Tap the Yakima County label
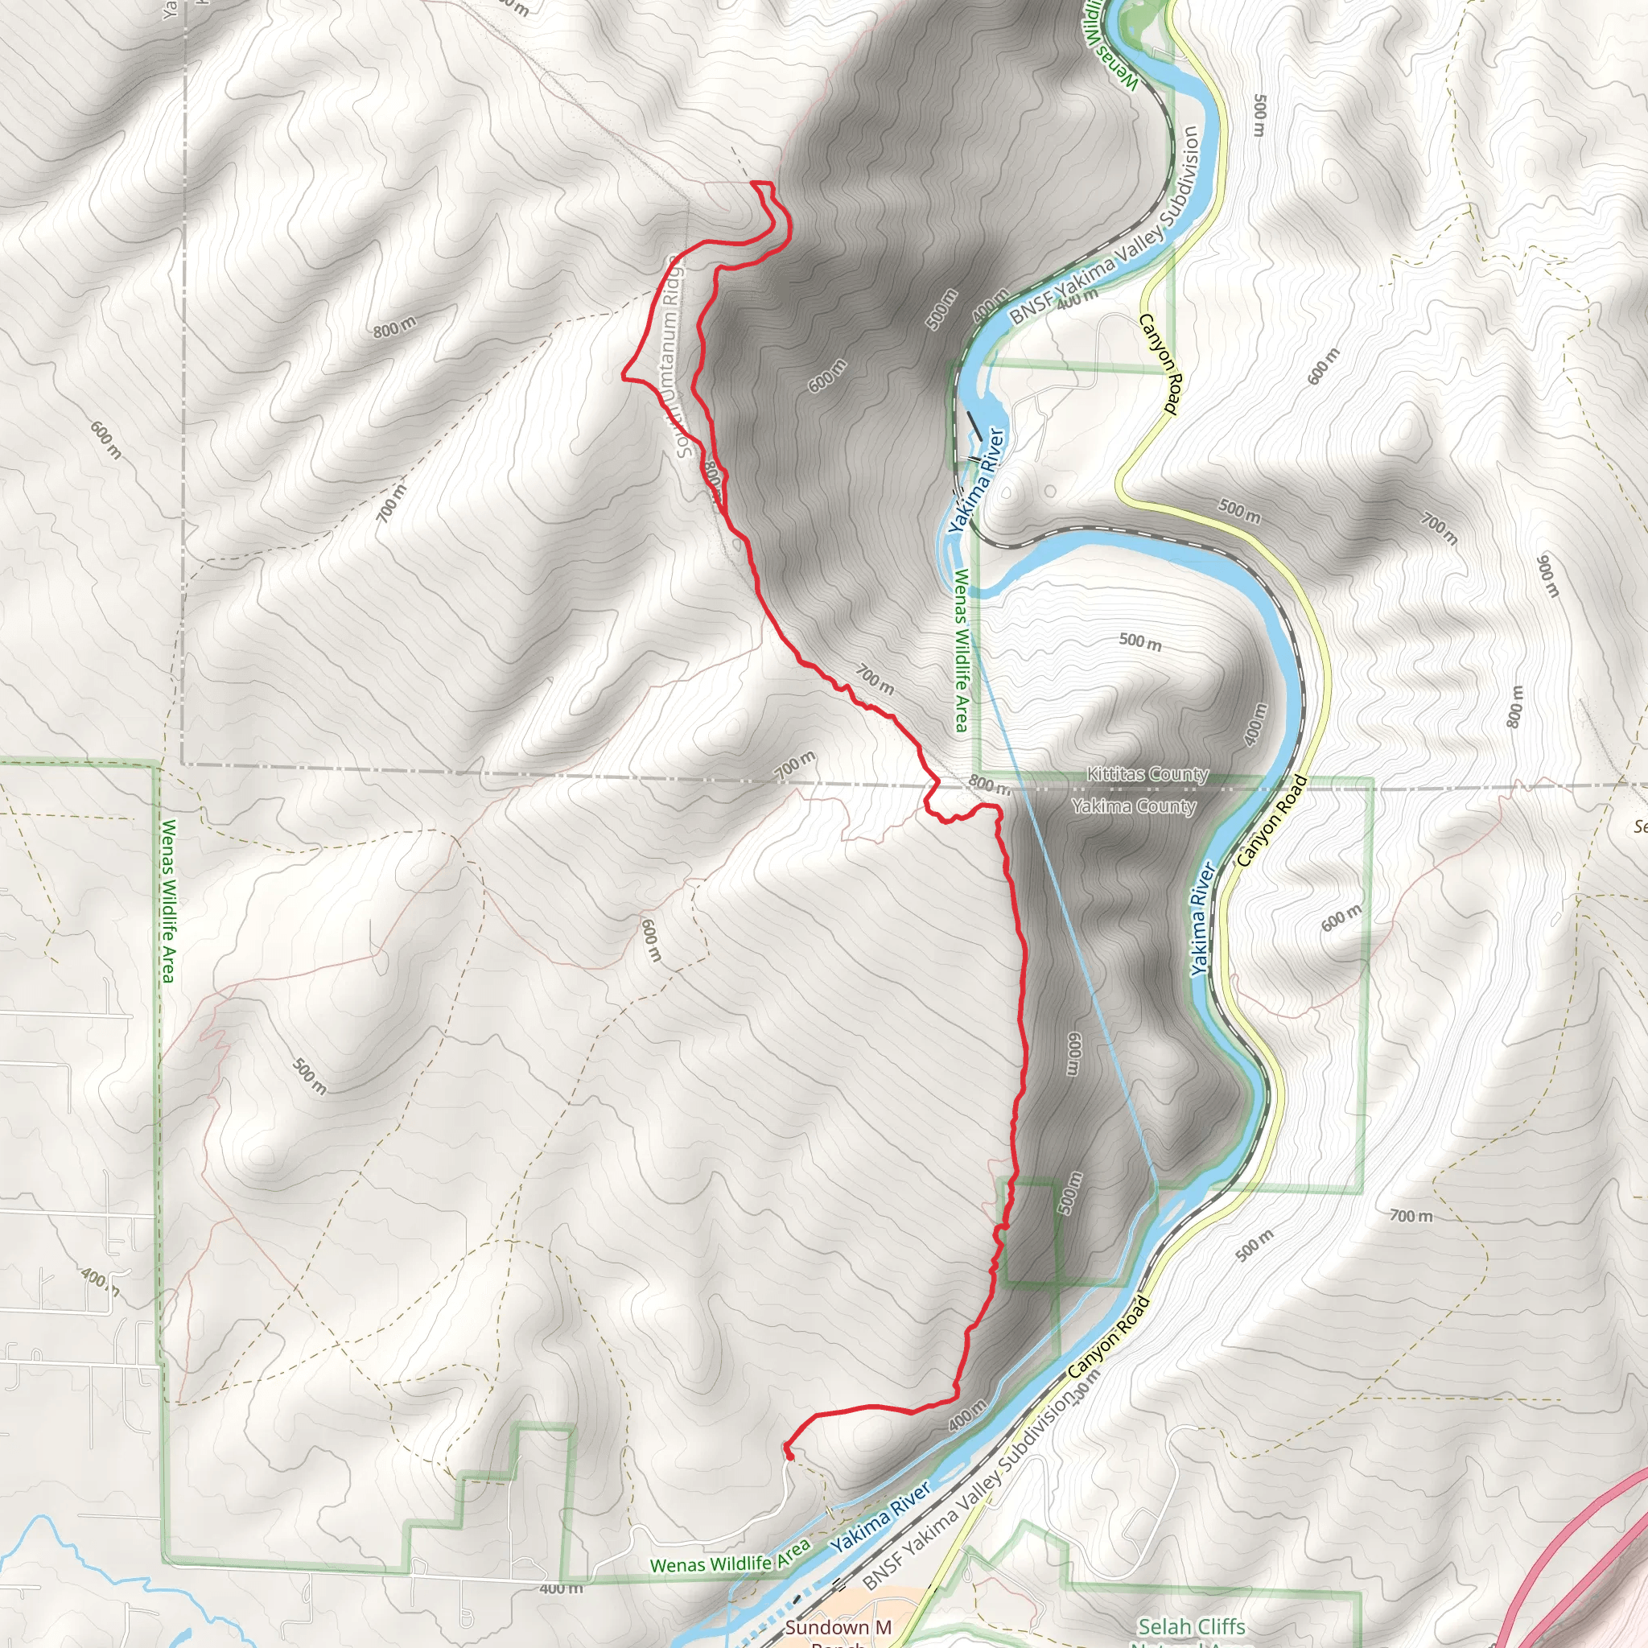point(1134,806)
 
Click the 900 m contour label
point(1547,577)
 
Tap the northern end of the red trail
point(752,183)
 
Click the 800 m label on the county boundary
point(989,784)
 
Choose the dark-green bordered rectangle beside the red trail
point(1031,1233)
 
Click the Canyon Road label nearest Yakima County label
point(1271,821)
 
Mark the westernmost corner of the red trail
point(622,375)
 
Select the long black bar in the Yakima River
point(974,426)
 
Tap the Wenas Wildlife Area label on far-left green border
point(168,900)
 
